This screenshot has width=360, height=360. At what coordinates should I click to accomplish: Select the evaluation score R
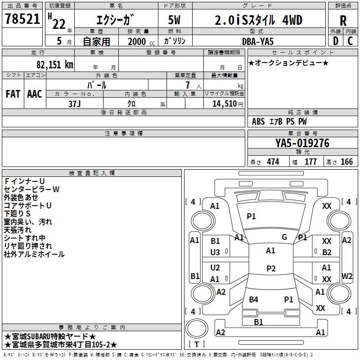(343, 21)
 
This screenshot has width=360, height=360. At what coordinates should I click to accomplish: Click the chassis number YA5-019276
(302, 143)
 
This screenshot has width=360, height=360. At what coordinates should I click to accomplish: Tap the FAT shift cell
(13, 94)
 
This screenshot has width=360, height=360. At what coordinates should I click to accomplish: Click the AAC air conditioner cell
(35, 94)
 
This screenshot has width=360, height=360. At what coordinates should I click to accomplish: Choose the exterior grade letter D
(336, 41)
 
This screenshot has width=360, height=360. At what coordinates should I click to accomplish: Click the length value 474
(273, 162)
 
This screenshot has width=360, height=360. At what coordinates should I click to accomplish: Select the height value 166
(346, 162)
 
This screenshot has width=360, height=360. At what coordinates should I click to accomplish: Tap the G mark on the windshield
(284, 237)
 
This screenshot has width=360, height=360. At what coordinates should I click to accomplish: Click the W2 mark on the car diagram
(347, 275)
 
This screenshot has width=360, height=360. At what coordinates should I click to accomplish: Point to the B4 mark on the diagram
(254, 299)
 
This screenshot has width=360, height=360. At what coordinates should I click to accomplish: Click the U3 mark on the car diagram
(215, 252)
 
